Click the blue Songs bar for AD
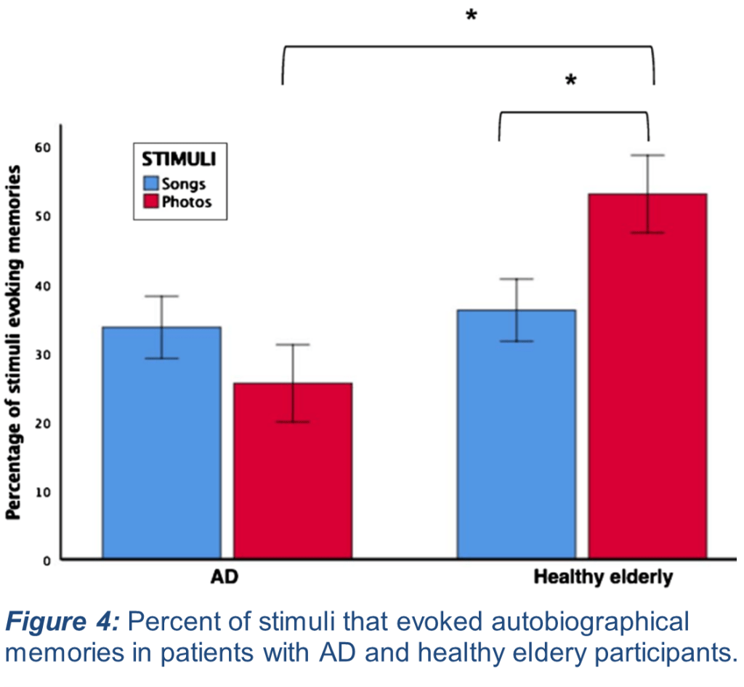[161, 443]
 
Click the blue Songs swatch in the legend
[151, 183]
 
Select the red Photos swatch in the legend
[151, 201]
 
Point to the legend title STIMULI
[179, 157]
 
